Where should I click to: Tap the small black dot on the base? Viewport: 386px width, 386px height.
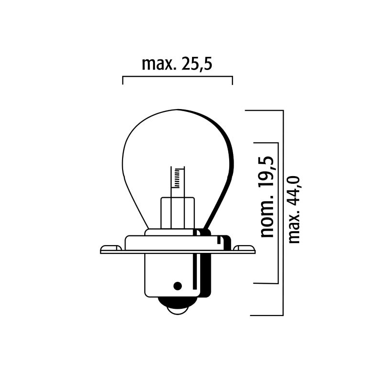[178, 285]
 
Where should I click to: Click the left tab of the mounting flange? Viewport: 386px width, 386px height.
[110, 249]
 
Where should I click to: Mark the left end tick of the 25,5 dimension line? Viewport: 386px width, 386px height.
[123, 80]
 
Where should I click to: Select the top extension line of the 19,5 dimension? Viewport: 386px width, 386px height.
[265, 143]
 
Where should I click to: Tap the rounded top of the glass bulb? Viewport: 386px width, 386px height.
[177, 112]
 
